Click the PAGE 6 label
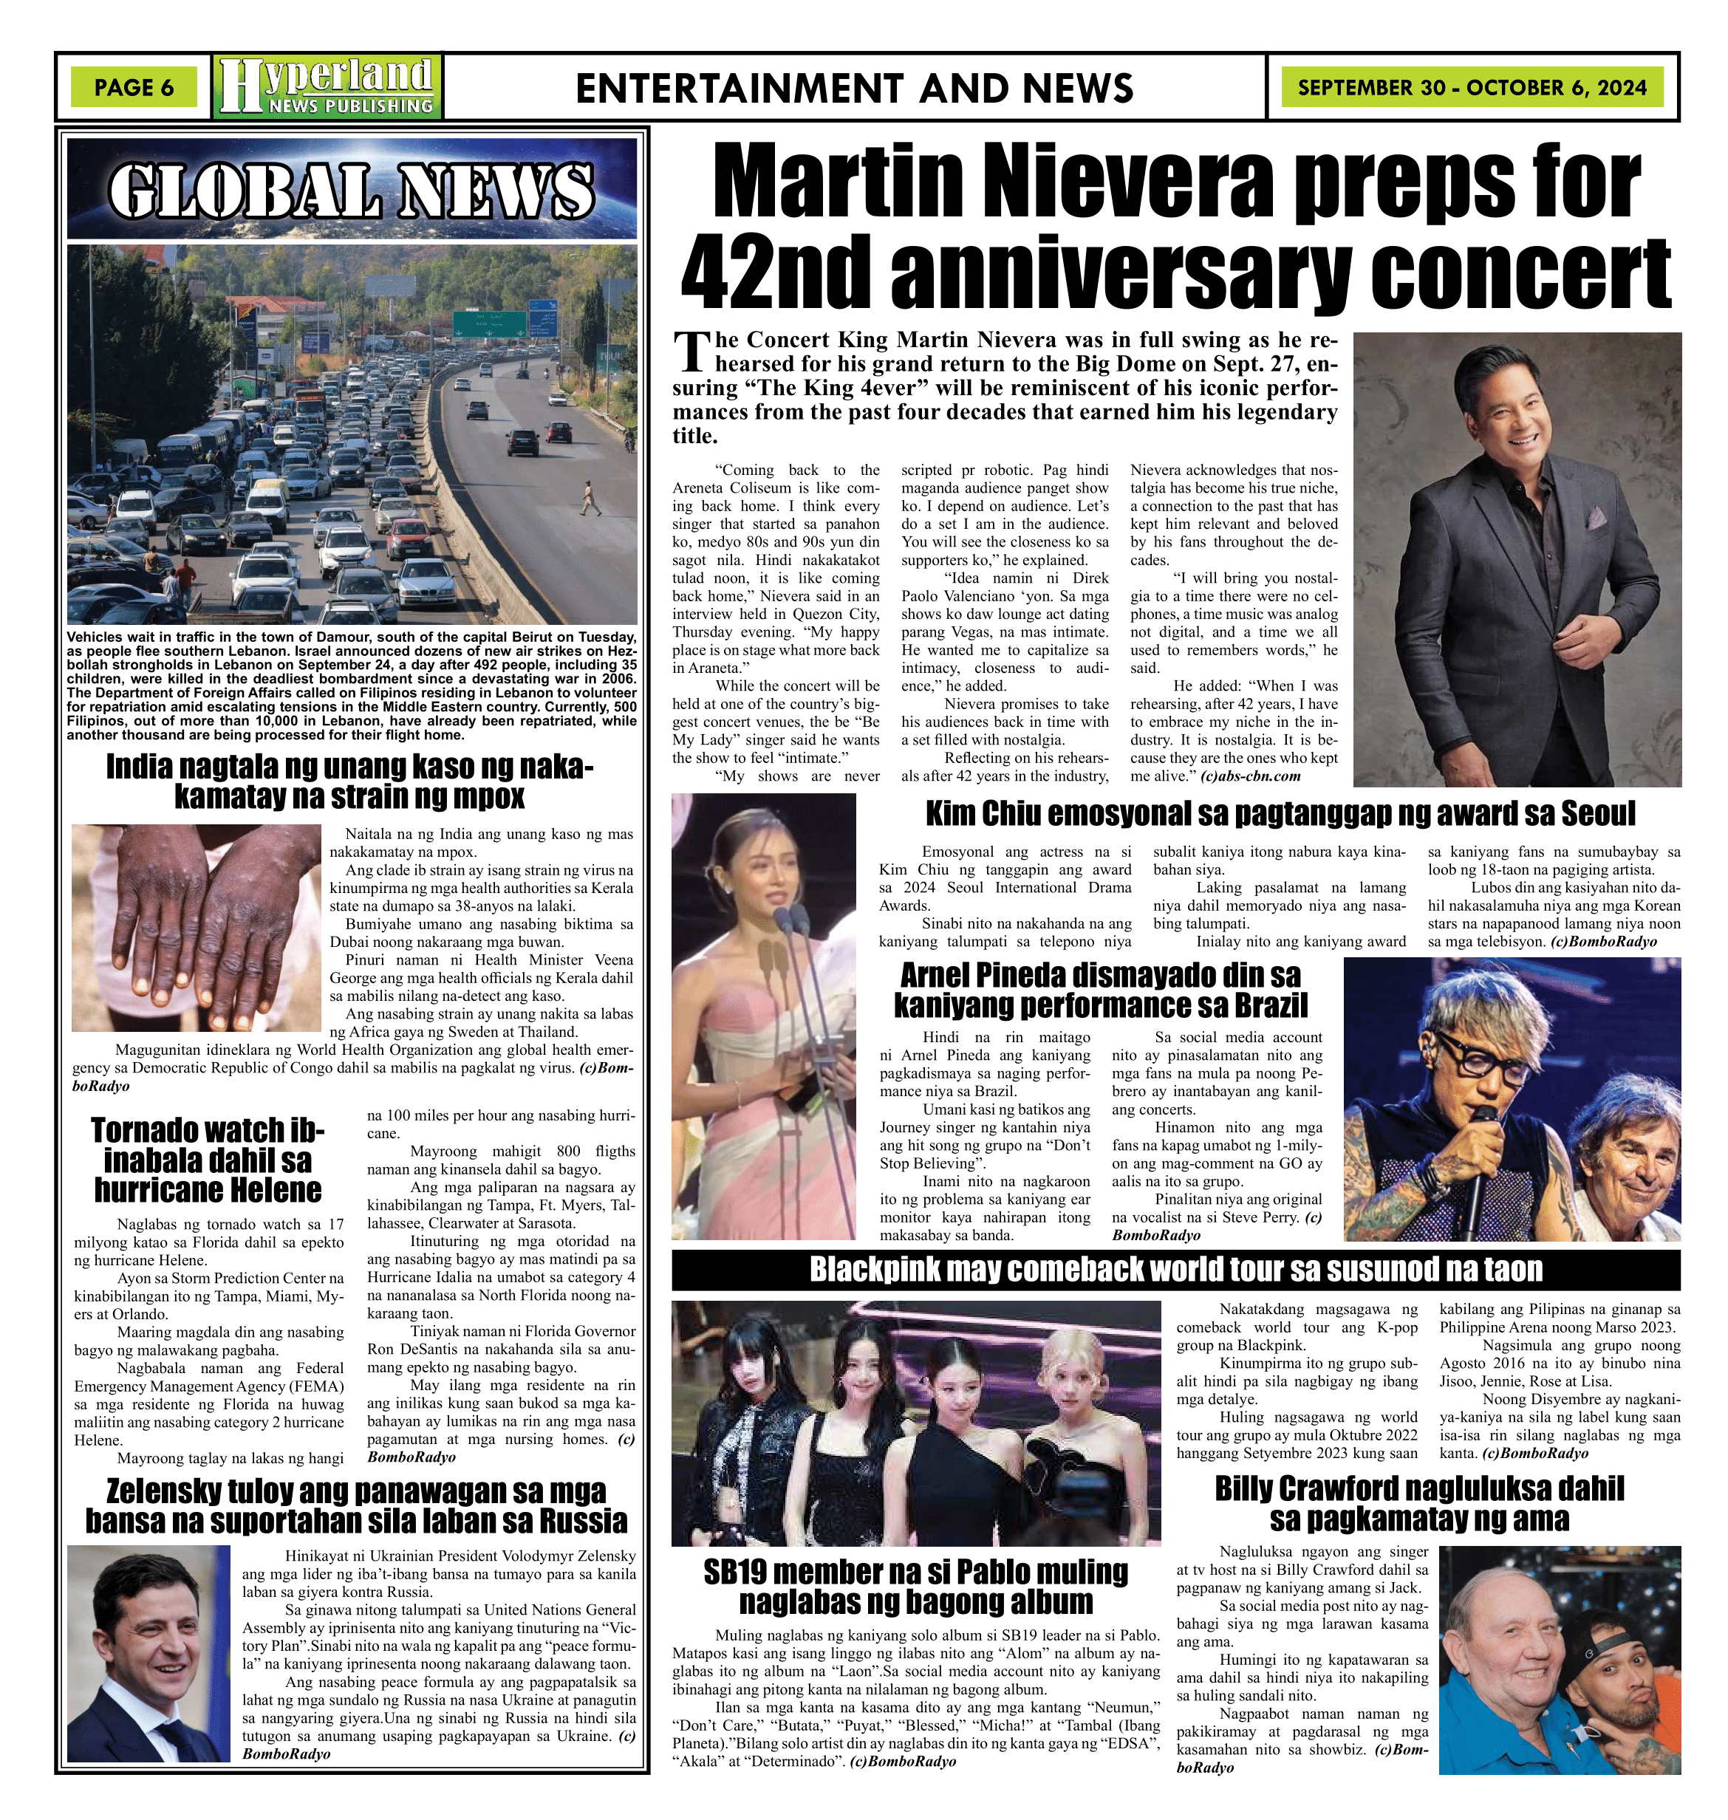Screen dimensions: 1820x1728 (134, 87)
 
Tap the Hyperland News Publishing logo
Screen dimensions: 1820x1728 (327, 87)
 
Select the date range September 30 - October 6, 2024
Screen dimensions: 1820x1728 (1472, 87)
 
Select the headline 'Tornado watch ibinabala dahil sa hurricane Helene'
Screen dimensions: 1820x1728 (208, 1160)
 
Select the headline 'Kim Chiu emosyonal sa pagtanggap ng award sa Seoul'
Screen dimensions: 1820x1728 (1280, 814)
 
